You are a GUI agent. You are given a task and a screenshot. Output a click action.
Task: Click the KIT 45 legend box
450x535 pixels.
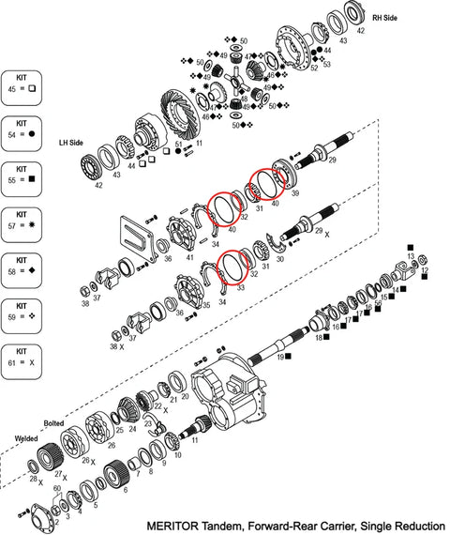coord(22,84)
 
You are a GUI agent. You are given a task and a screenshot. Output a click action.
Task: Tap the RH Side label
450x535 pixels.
coord(385,17)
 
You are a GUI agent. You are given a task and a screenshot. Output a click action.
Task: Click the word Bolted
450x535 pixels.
coord(53,423)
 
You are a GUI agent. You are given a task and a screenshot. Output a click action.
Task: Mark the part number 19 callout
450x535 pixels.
coord(280,358)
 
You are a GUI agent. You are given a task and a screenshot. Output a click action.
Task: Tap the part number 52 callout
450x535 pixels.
coord(314,68)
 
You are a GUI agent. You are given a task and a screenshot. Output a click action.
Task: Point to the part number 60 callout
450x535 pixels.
coord(57,489)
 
